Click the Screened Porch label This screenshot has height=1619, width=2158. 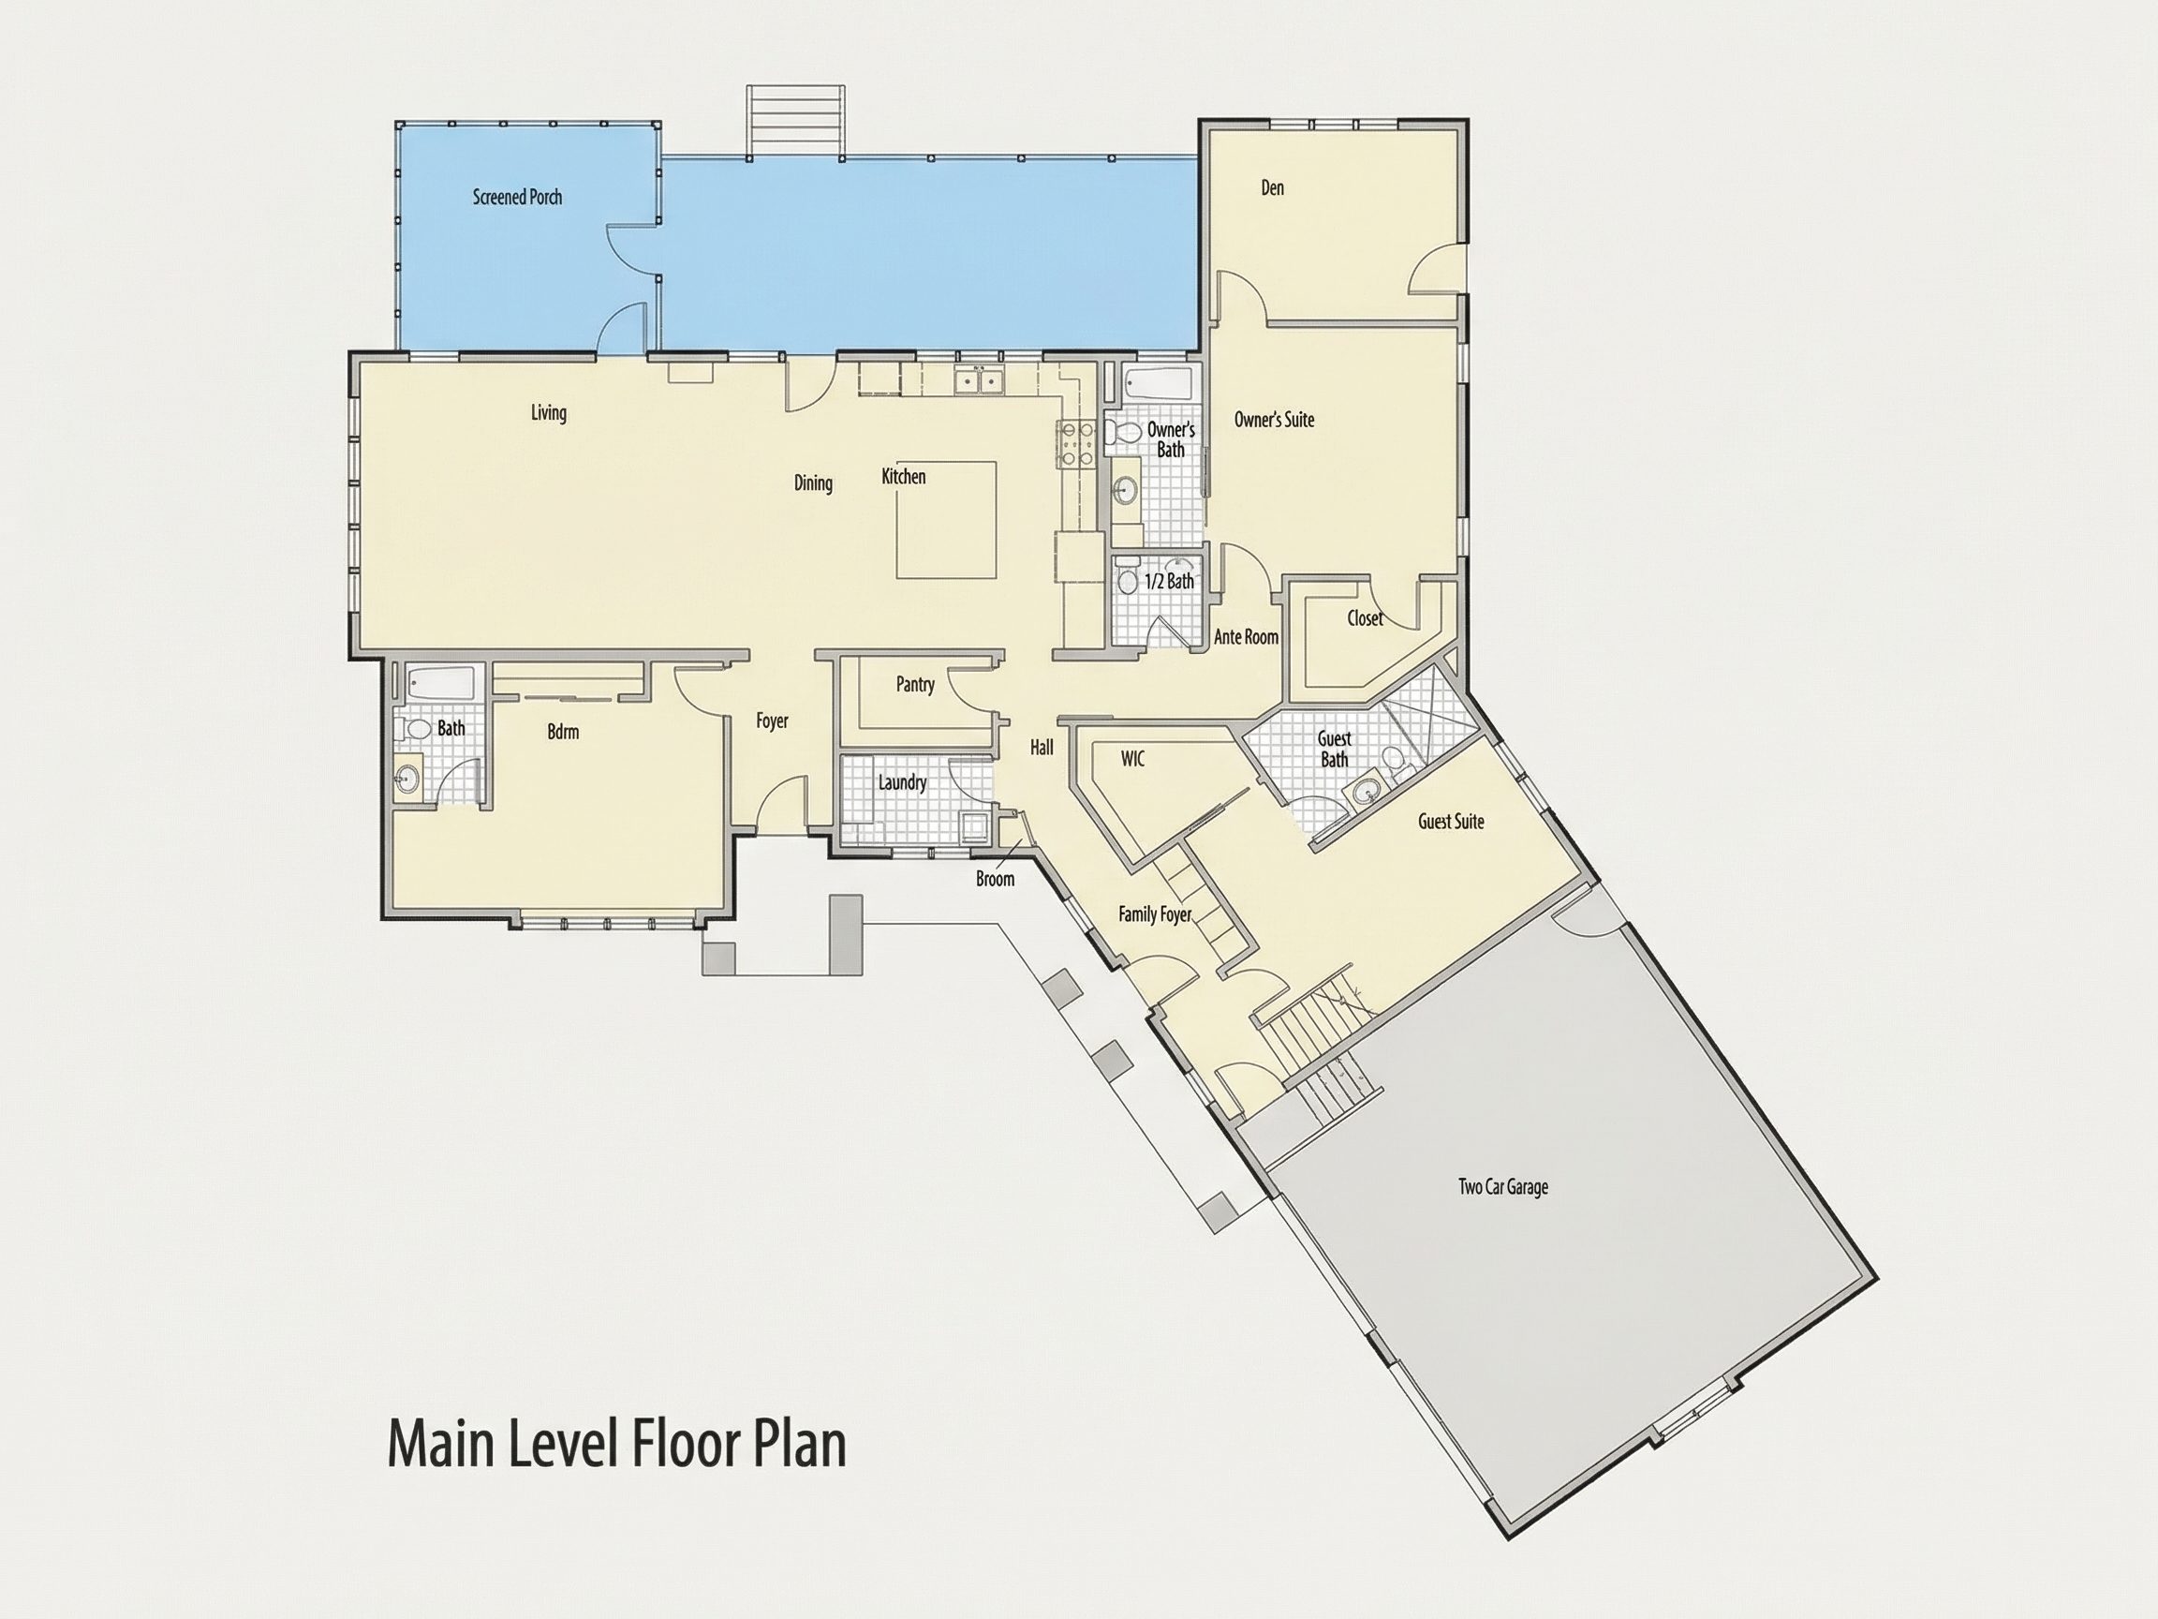click(517, 197)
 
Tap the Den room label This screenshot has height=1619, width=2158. click(1272, 187)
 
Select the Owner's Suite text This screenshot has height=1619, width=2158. click(1274, 420)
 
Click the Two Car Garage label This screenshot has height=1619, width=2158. click(1502, 1188)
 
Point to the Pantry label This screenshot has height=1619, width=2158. click(915, 685)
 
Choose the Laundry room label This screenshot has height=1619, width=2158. click(902, 782)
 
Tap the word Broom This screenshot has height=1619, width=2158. click(995, 879)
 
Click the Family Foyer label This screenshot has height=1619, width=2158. click(1155, 914)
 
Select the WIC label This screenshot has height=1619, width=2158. click(1132, 758)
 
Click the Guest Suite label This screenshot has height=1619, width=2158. click(1451, 822)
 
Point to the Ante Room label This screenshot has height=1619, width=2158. click(1246, 637)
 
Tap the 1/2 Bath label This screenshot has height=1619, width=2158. click(1169, 582)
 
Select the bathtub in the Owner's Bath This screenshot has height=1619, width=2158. click(1157, 384)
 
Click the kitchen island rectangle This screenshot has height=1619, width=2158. click(947, 520)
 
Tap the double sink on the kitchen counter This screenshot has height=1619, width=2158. click(979, 379)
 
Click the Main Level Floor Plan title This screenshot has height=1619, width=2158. click(616, 1446)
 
